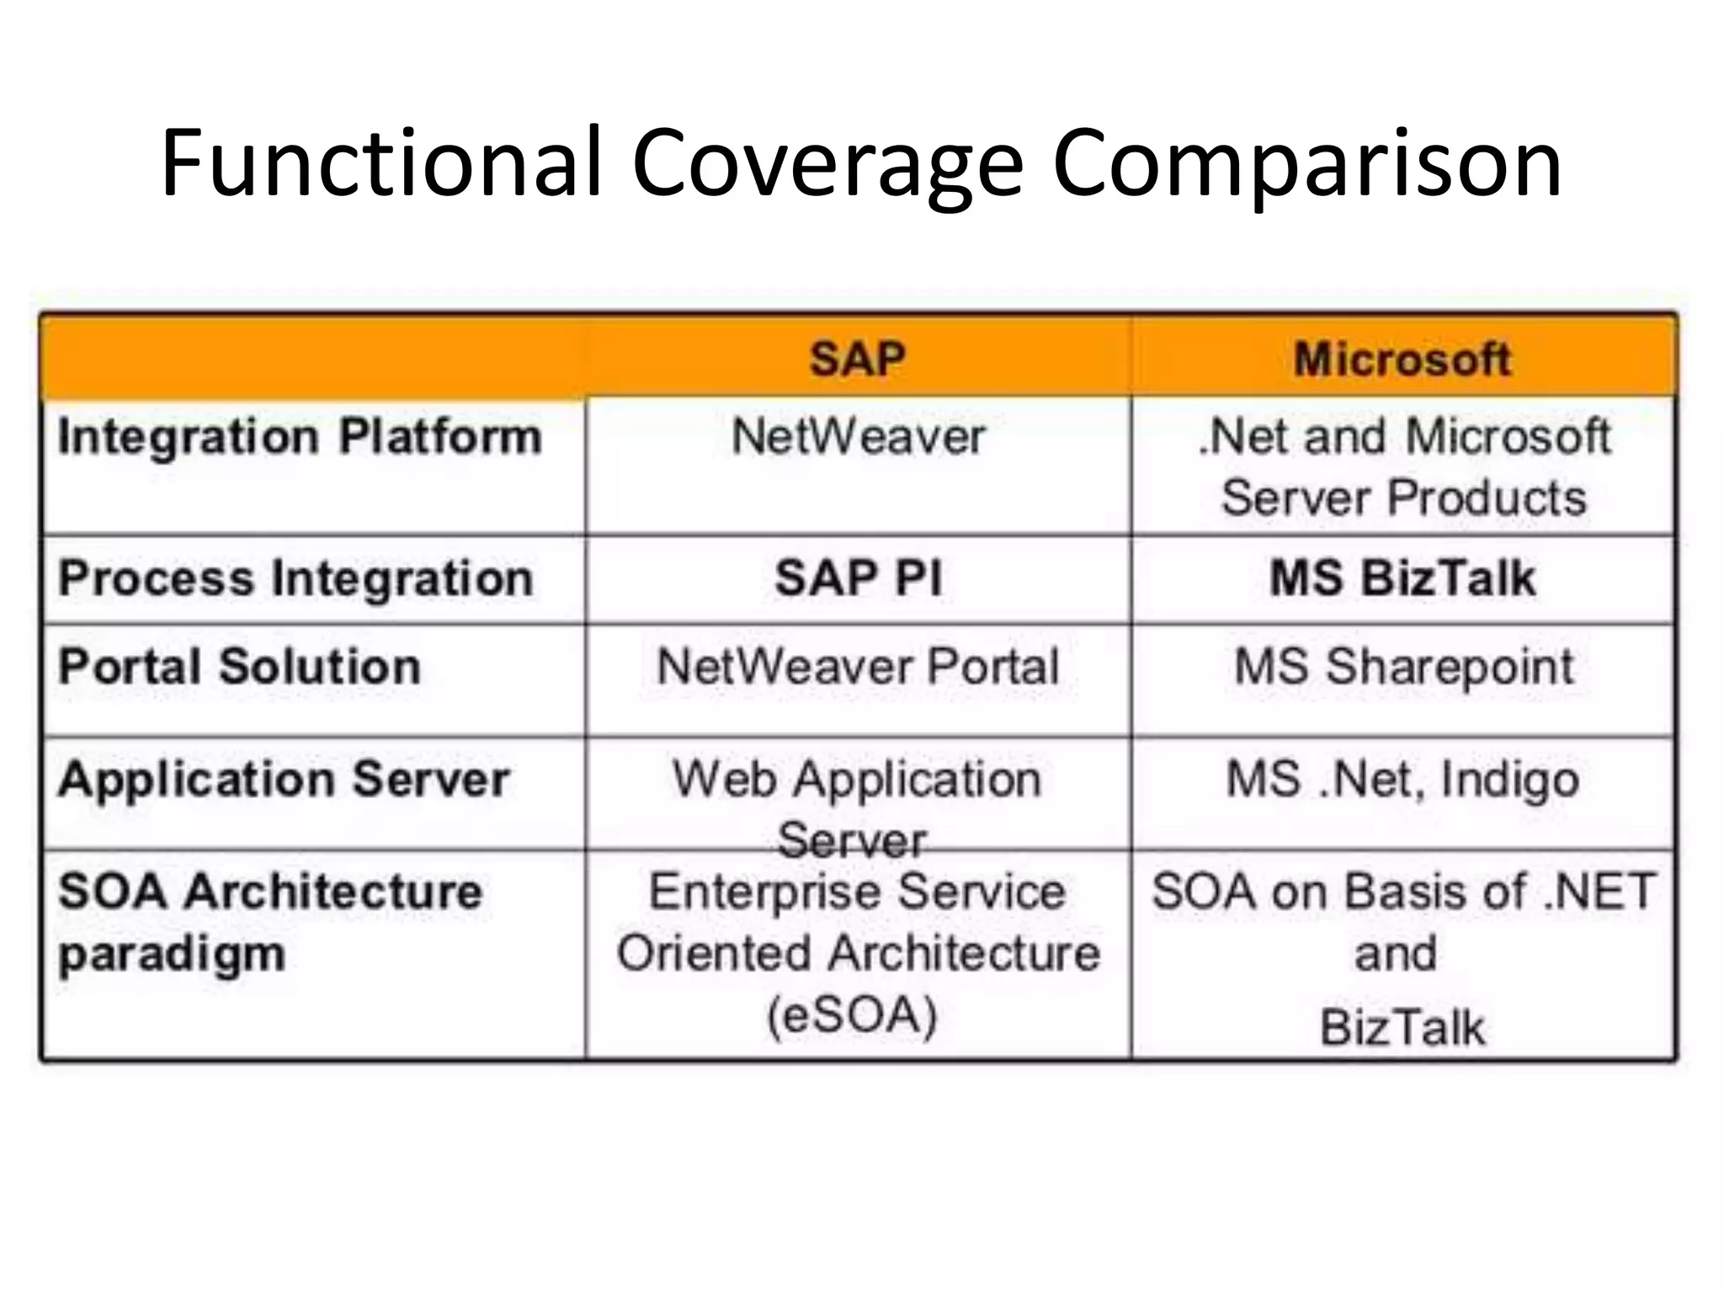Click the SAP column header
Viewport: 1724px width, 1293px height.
857,359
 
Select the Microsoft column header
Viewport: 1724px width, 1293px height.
1402,359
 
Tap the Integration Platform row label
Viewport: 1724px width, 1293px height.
300,438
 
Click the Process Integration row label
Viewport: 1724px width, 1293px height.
295,579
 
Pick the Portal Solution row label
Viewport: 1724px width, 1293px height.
239,667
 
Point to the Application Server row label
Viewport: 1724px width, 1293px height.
284,779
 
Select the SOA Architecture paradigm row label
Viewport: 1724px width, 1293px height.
269,922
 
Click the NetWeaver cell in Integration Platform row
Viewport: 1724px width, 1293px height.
858,437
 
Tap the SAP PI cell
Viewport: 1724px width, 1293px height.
858,579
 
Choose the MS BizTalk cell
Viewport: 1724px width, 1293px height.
1402,579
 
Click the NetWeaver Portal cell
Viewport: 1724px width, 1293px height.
858,667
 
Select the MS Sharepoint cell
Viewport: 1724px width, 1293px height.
1403,667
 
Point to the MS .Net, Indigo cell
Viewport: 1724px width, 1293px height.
1402,780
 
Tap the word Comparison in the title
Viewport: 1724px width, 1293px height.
1306,164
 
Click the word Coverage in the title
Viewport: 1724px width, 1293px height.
827,164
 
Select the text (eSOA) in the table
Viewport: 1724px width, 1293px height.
852,1015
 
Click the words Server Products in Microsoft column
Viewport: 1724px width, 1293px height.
1403,497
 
